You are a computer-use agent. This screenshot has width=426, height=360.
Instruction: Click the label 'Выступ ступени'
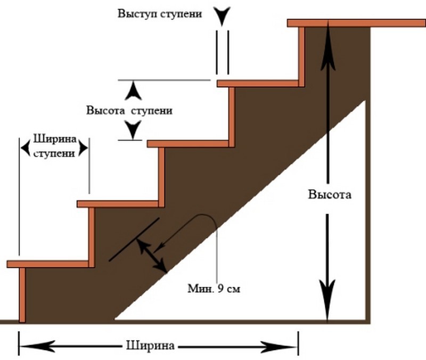click(160, 13)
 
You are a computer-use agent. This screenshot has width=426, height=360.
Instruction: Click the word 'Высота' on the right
click(330, 194)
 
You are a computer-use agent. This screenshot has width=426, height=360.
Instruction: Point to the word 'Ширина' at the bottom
click(151, 345)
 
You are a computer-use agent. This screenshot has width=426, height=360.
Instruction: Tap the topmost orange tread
click(356, 23)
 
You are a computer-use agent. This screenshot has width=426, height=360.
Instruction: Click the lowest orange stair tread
click(48, 264)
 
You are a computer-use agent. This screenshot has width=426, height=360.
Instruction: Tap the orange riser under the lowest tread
click(22, 294)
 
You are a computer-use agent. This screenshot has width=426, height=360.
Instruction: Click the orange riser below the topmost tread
click(301, 53)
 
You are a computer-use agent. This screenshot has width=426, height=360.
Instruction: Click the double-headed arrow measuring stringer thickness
click(151, 255)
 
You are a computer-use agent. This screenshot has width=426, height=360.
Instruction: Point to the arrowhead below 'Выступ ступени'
click(222, 16)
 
